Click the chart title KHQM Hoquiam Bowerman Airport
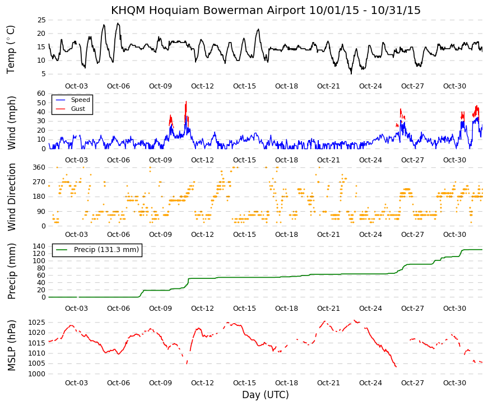(x=208, y=10)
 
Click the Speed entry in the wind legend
(x=80, y=100)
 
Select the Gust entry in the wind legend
(x=78, y=109)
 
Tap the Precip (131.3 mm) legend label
(x=106, y=250)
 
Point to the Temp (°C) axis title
(x=11, y=50)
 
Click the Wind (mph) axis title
(x=11, y=123)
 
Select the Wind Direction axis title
(x=12, y=197)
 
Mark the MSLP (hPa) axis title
(x=11, y=346)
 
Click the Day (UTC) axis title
(x=266, y=395)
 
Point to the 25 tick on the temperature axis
(x=41, y=20)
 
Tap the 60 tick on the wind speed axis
(x=41, y=94)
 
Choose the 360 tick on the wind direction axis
(x=39, y=167)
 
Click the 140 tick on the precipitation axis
(x=39, y=246)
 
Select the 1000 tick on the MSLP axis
(x=37, y=374)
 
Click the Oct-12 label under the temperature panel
(x=203, y=86)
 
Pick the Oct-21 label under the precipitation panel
(x=329, y=309)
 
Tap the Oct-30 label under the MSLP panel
(x=455, y=383)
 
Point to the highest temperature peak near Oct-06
(x=118, y=24)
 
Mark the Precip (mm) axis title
(x=11, y=271)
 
